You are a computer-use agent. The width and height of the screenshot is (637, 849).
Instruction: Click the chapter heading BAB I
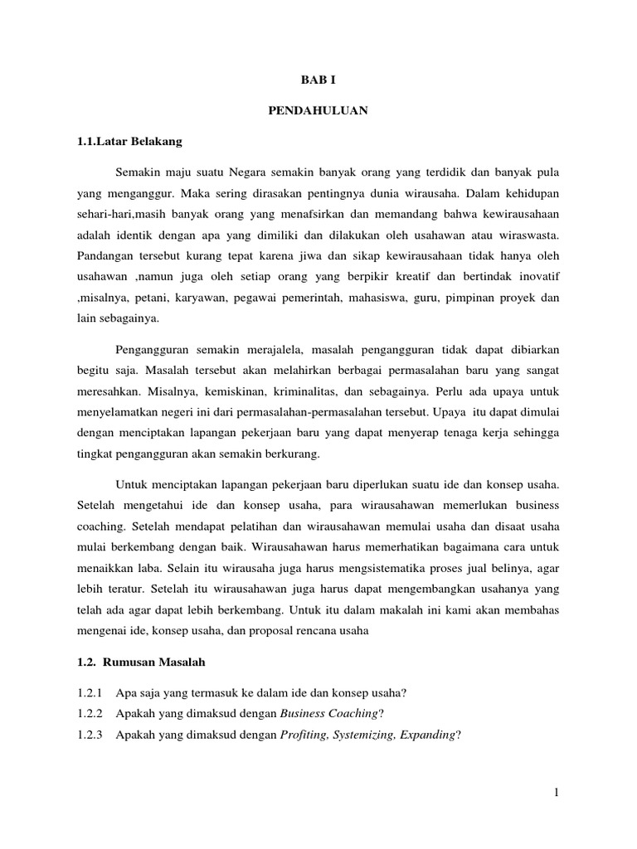pyautogui.click(x=318, y=80)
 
